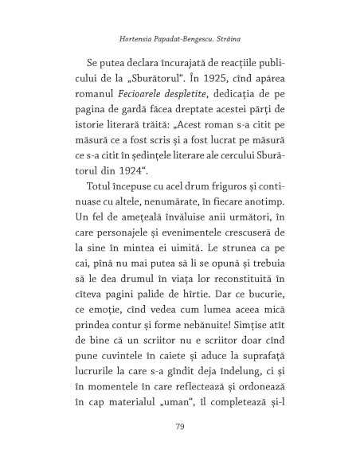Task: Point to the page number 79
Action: (179, 427)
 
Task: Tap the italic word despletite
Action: (186, 97)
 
